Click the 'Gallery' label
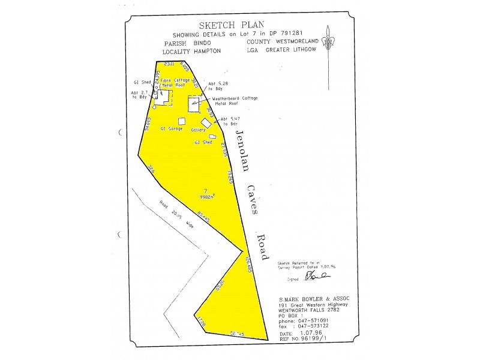coord(199,129)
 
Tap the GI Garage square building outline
coord(181,121)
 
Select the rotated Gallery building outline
coord(206,122)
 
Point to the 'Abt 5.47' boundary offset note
coord(230,119)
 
